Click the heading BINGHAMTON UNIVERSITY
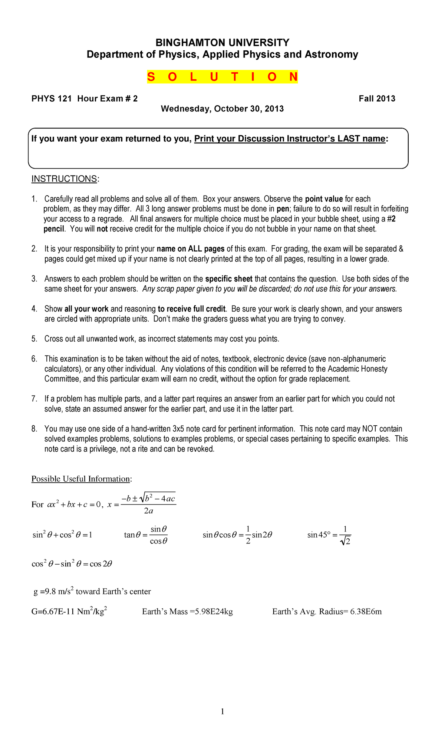click(x=222, y=42)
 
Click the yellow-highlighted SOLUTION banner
click(x=222, y=77)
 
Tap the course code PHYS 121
click(x=51, y=99)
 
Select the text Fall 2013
click(x=377, y=99)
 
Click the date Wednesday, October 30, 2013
click(x=222, y=109)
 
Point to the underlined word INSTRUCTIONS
click(x=64, y=179)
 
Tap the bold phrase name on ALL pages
click(x=191, y=249)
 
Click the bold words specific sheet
click(x=229, y=279)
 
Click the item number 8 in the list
click(x=34, y=429)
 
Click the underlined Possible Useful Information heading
click(x=80, y=479)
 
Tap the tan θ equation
click(x=146, y=535)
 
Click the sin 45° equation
click(x=329, y=535)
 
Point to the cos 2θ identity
click(x=72, y=564)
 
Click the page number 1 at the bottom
click(x=222, y=711)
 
